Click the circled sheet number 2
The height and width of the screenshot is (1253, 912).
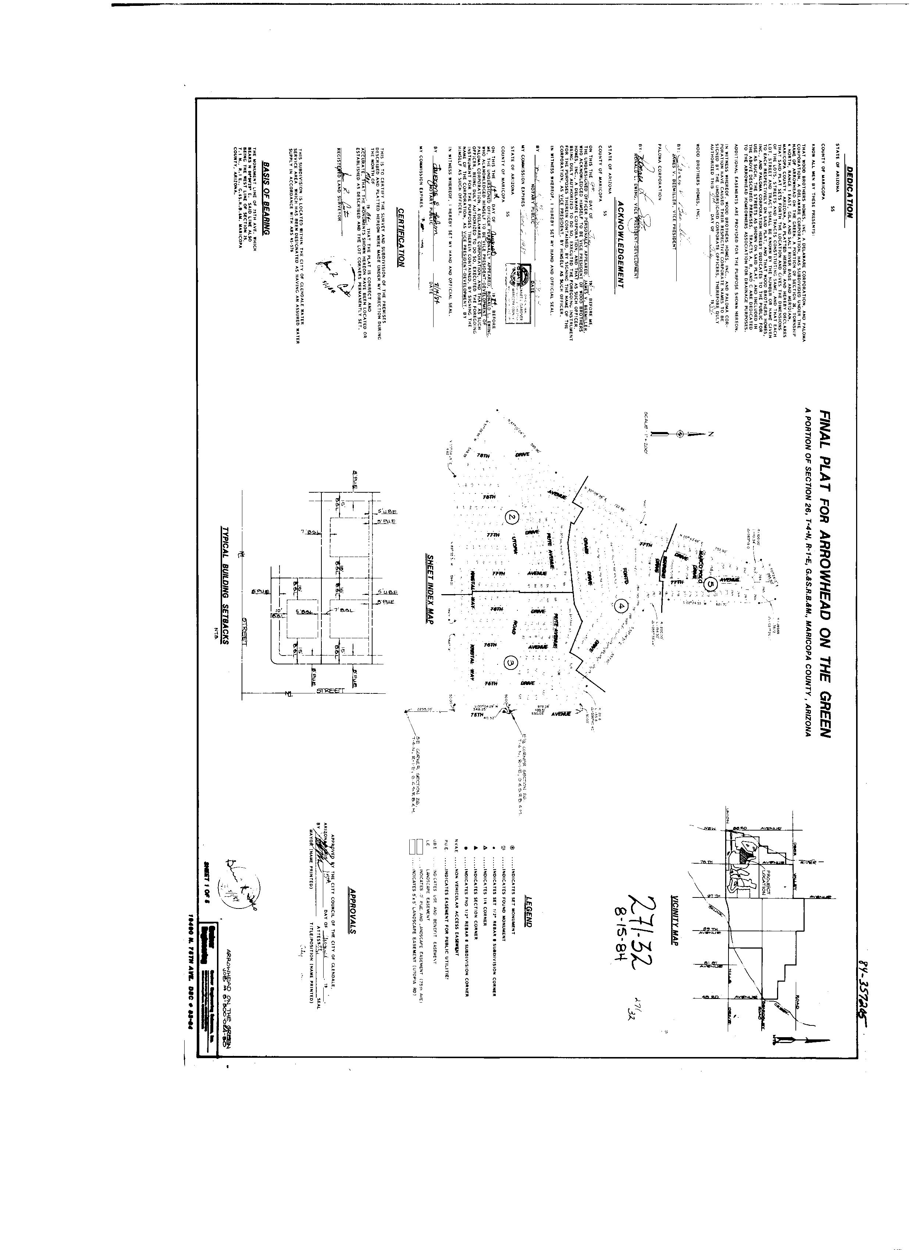512,517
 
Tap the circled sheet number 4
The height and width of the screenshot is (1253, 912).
621,606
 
